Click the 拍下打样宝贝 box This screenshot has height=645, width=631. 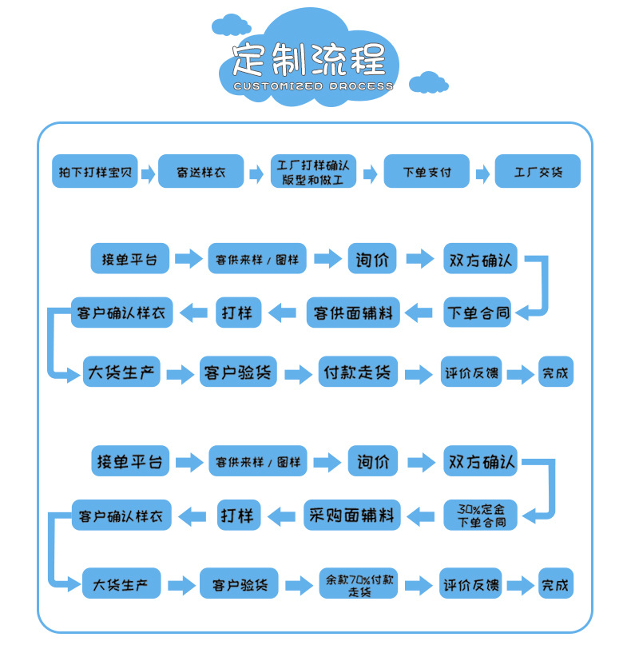pos(95,172)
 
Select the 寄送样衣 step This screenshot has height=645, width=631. pos(200,172)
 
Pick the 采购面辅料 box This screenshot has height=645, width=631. pos(352,516)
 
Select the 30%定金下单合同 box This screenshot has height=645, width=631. pos(481,516)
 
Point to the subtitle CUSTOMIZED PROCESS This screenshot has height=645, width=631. pos(312,86)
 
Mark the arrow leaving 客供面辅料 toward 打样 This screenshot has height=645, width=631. pos(285,313)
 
